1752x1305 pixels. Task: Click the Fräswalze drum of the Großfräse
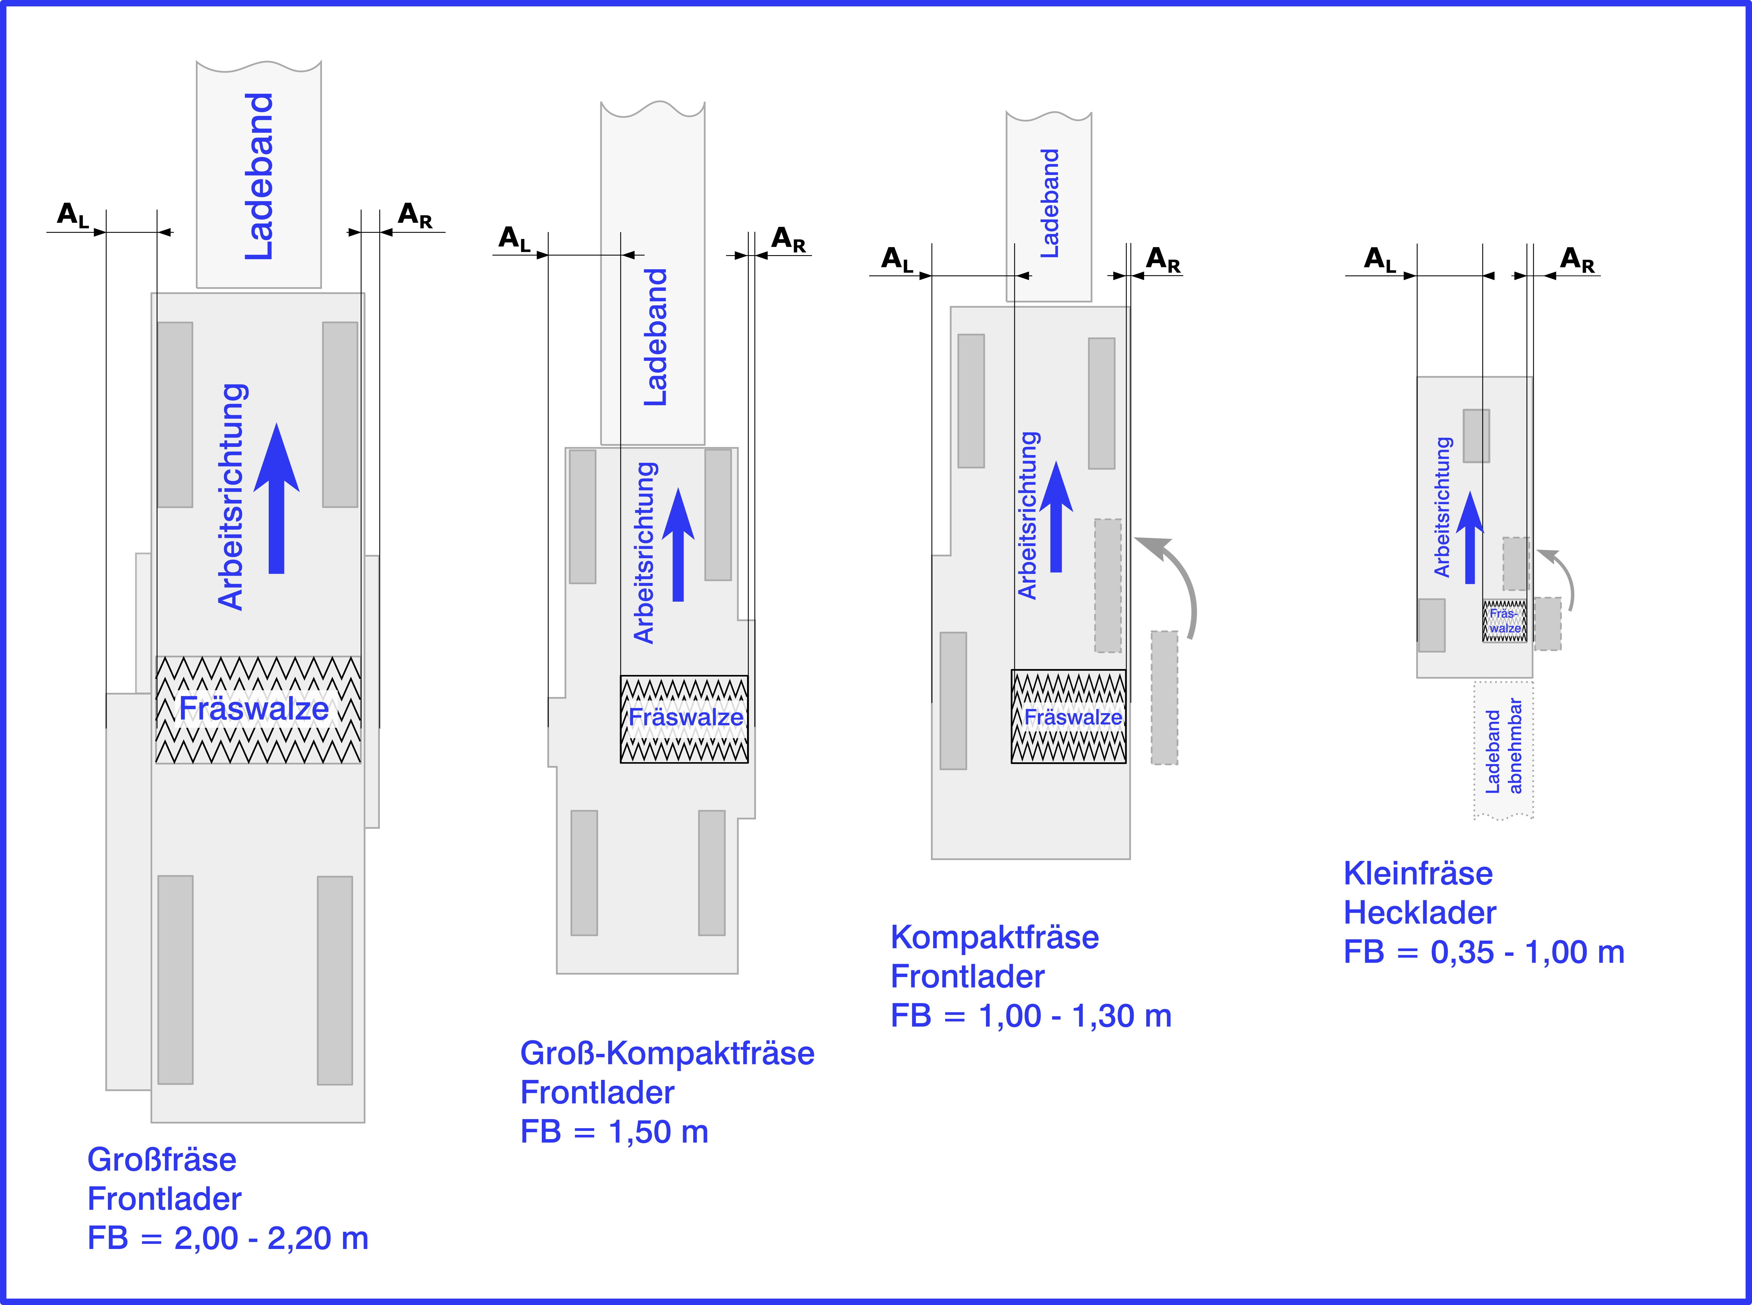click(258, 709)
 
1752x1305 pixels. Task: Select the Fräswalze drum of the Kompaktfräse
click(1069, 716)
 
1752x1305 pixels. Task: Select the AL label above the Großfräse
click(73, 215)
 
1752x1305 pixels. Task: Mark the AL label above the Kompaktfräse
click(897, 259)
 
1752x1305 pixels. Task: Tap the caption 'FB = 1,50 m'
click(614, 1132)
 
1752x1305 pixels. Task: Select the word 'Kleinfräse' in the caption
click(1418, 874)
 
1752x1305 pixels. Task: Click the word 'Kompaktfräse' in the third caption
click(994, 938)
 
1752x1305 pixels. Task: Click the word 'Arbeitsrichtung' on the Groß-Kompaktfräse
click(645, 553)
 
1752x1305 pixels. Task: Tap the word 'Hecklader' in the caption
click(1420, 913)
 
